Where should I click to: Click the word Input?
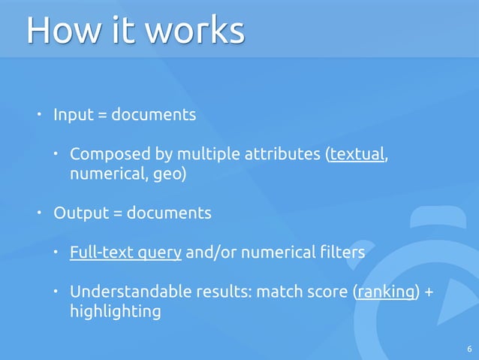click(74, 116)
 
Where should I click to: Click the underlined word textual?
click(357, 156)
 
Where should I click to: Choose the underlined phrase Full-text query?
click(125, 253)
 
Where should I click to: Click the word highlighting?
click(115, 311)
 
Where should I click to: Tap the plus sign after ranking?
click(429, 292)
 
